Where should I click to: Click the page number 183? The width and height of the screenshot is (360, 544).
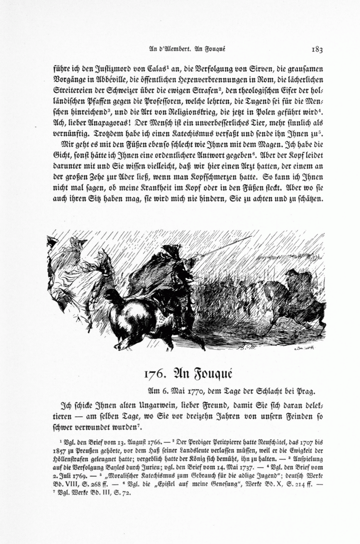tap(316, 50)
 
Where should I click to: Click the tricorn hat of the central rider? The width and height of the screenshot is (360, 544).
tap(168, 249)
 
